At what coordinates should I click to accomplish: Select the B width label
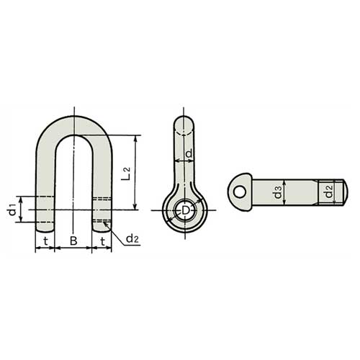click(x=73, y=240)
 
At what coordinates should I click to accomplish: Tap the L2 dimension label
click(x=125, y=172)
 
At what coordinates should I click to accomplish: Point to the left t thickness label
click(x=45, y=240)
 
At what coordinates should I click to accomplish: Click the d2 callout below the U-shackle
click(x=132, y=238)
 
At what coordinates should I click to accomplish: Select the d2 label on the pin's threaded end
click(x=328, y=192)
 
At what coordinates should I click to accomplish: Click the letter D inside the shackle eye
click(x=185, y=210)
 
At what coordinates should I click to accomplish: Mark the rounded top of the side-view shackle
click(x=185, y=122)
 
